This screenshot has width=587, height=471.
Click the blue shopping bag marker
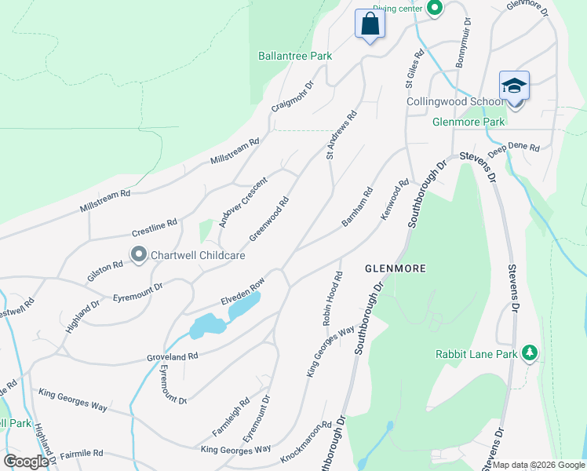coord(369,24)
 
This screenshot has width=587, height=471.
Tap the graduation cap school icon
coord(514,86)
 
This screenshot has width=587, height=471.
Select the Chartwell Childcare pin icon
coord(139,254)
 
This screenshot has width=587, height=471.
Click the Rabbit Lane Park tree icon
coord(530,353)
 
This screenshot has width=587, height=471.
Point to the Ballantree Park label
coord(295,56)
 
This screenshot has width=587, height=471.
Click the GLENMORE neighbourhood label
coord(396,268)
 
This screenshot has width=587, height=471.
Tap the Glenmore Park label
coord(469,122)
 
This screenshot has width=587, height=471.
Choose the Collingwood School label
coord(454,102)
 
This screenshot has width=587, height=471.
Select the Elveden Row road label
coord(242,292)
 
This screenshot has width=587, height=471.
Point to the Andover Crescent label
coord(242,202)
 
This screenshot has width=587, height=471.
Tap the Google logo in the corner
coord(26,462)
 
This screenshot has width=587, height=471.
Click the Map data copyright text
coord(538,465)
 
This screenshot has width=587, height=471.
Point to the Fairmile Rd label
coord(76,454)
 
